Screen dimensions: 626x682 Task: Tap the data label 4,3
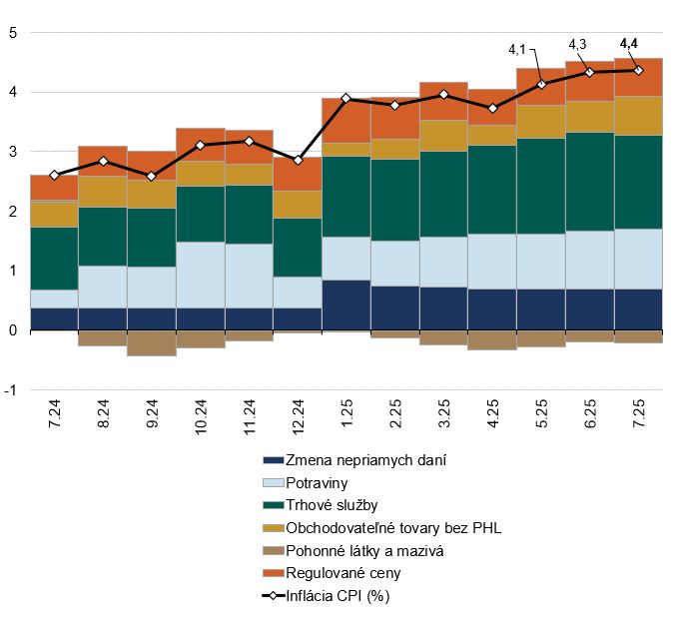(577, 45)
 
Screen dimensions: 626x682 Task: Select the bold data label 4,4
(629, 43)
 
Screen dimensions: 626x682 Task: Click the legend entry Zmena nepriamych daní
(350, 460)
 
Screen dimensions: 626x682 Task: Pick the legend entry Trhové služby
(329, 506)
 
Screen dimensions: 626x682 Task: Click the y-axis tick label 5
(13, 33)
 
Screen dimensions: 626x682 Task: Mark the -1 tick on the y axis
(10, 389)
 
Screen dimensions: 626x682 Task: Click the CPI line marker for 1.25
(345, 98)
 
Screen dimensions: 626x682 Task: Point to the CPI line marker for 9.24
(152, 176)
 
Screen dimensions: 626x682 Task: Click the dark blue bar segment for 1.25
(345, 305)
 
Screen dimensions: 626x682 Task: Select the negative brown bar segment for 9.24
(152, 342)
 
